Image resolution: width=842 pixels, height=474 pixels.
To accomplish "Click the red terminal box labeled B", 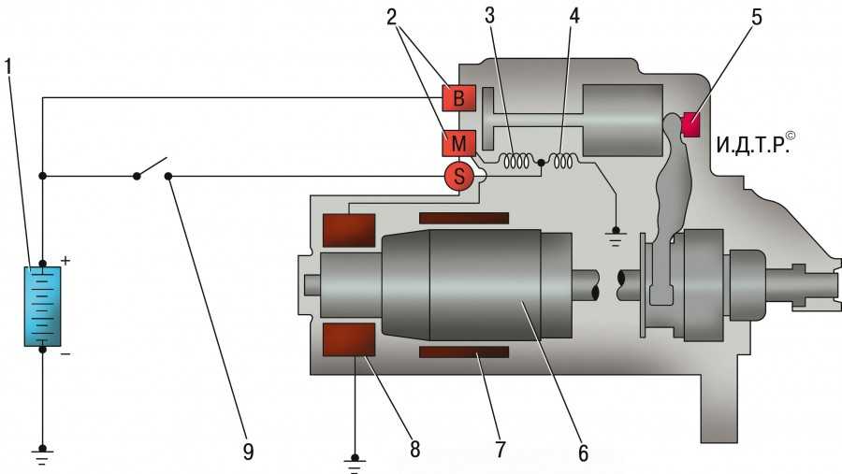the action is tap(458, 98).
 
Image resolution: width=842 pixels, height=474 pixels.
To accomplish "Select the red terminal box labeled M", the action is tap(458, 143).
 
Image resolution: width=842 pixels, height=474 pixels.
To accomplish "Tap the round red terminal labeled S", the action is tap(459, 176).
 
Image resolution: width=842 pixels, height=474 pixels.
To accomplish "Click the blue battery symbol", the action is tap(42, 306).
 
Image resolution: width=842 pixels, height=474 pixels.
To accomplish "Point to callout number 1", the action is tap(8, 66).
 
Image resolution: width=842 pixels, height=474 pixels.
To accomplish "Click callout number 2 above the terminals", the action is tap(391, 17).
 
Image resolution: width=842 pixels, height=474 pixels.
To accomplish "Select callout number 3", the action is tap(489, 16).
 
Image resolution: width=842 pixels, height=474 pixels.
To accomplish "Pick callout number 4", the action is tap(574, 16).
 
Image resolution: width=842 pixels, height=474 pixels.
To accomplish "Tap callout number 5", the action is tap(756, 17).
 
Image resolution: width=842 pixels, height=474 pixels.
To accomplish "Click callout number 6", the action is tap(583, 453).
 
